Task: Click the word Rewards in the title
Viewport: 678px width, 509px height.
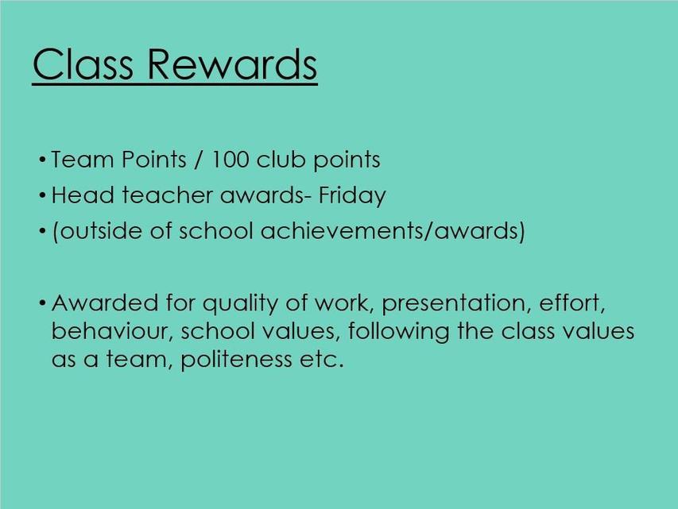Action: tap(233, 64)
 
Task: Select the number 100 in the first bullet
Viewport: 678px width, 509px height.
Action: tap(230, 159)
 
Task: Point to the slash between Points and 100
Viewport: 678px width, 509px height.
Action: tap(198, 159)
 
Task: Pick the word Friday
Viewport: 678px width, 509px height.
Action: tap(352, 195)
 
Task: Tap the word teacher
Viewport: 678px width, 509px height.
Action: tap(167, 195)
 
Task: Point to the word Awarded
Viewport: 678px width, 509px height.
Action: tap(105, 303)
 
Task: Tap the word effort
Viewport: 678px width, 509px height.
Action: tap(572, 303)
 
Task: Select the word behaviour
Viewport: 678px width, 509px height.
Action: tap(112, 331)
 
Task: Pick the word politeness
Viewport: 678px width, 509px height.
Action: tap(236, 360)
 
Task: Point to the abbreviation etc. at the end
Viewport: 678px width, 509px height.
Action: tap(322, 360)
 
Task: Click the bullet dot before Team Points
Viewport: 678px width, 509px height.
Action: tap(42, 160)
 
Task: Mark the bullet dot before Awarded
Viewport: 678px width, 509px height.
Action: tap(42, 303)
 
